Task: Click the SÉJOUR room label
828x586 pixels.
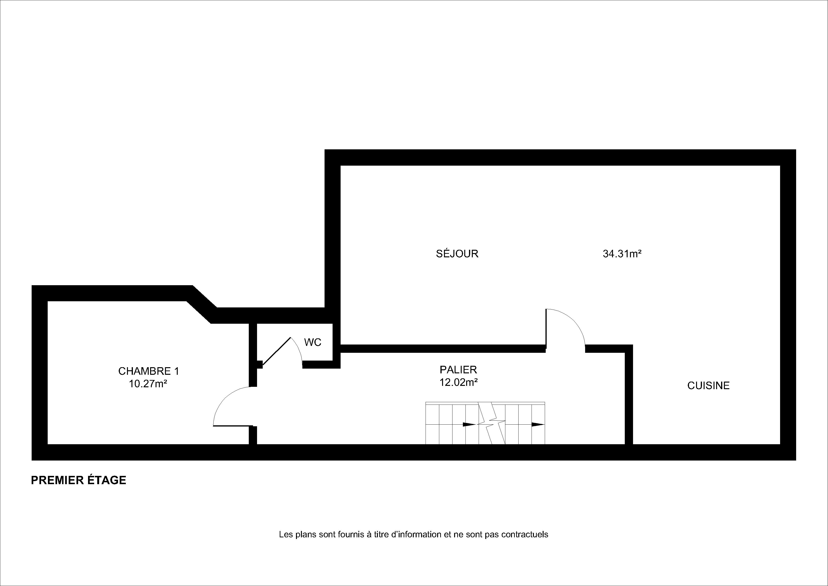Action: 457,254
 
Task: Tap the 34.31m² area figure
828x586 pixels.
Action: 622,254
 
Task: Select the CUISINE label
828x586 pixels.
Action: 708,386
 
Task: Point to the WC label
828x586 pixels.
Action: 313,342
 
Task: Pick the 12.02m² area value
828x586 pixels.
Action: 458,382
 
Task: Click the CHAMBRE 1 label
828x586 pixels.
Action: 148,371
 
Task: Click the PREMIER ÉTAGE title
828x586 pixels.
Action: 79,480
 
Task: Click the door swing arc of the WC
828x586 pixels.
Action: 299,349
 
